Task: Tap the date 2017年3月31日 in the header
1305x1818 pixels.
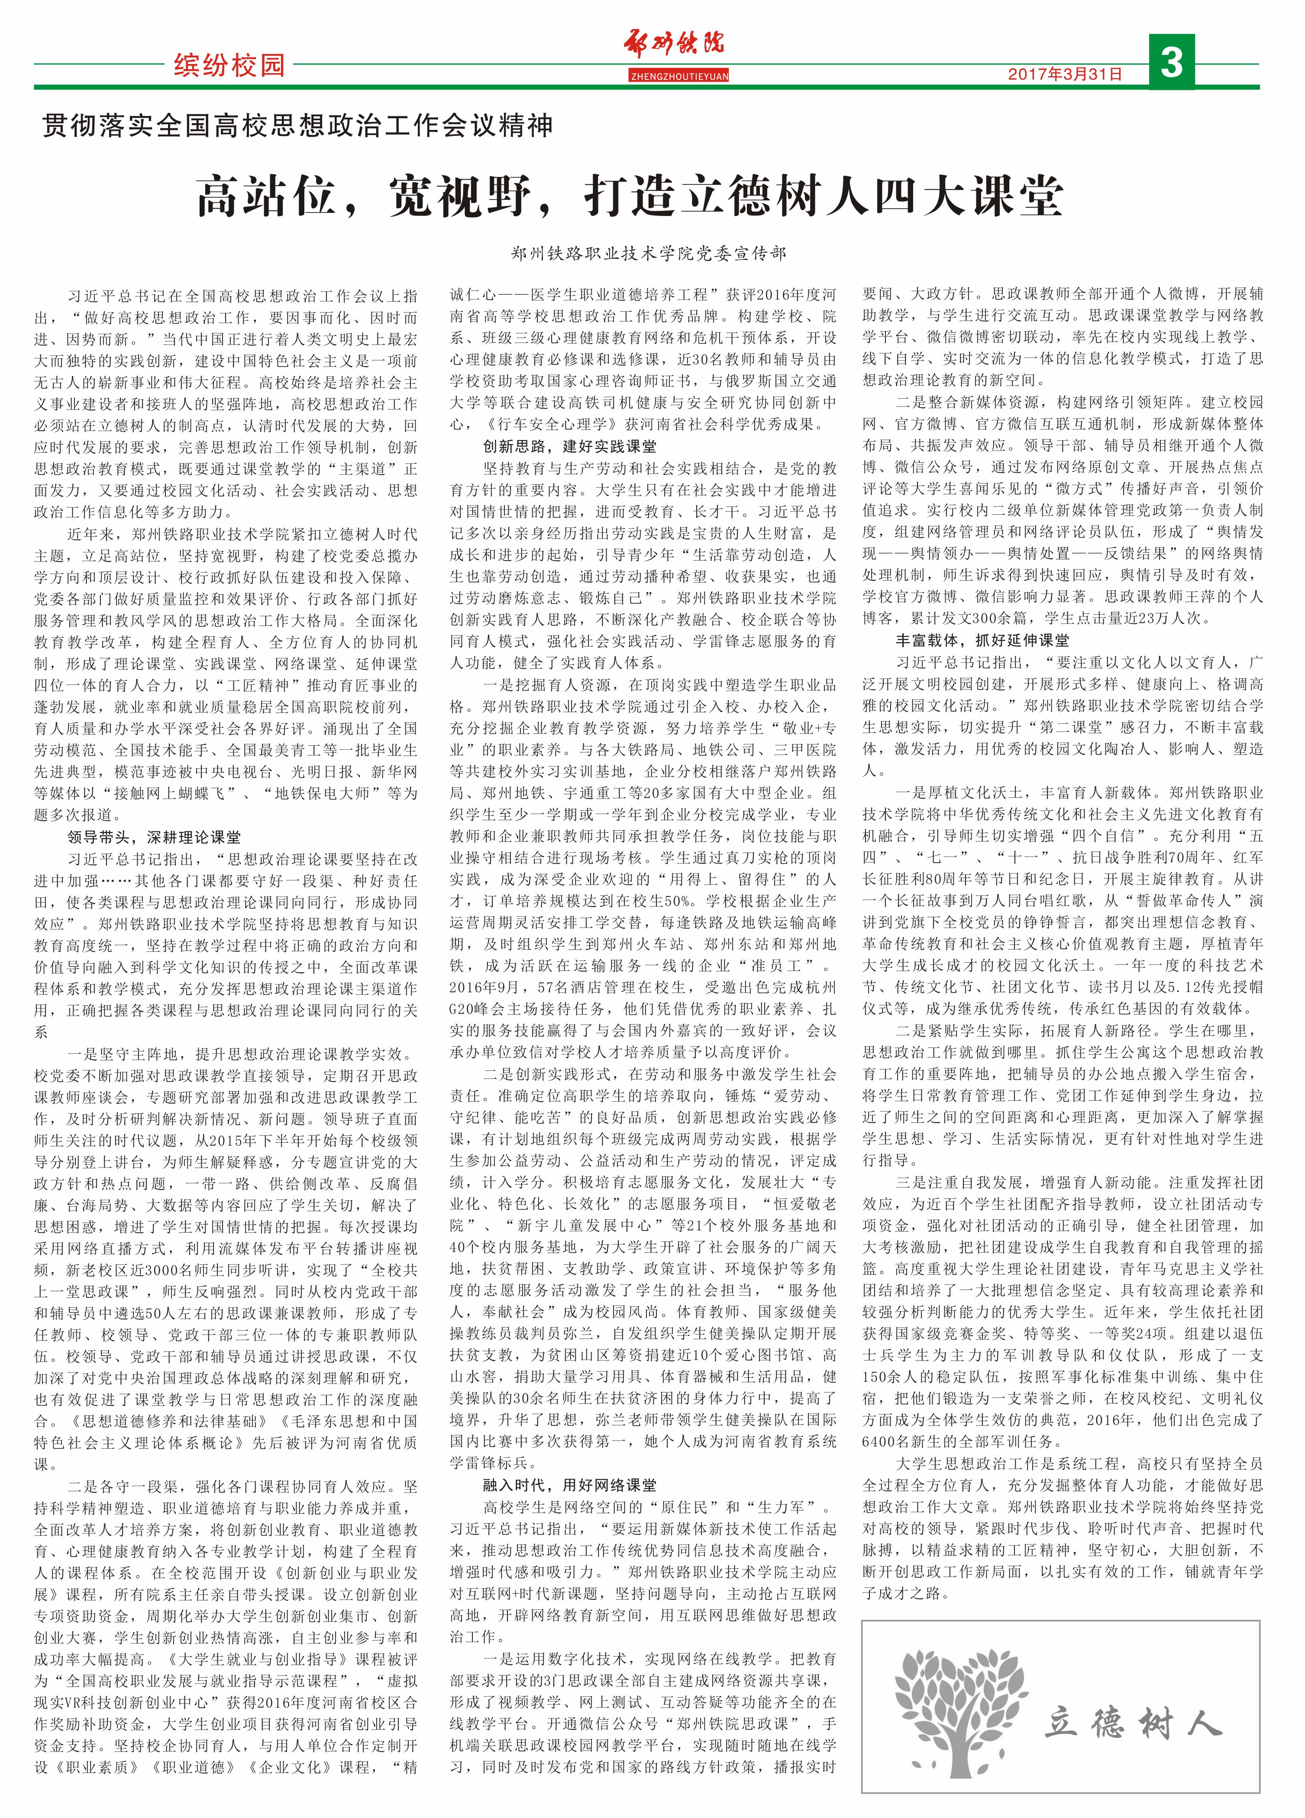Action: pyautogui.click(x=1065, y=74)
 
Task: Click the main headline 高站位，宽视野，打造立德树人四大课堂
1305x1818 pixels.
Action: pyautogui.click(x=630, y=197)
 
